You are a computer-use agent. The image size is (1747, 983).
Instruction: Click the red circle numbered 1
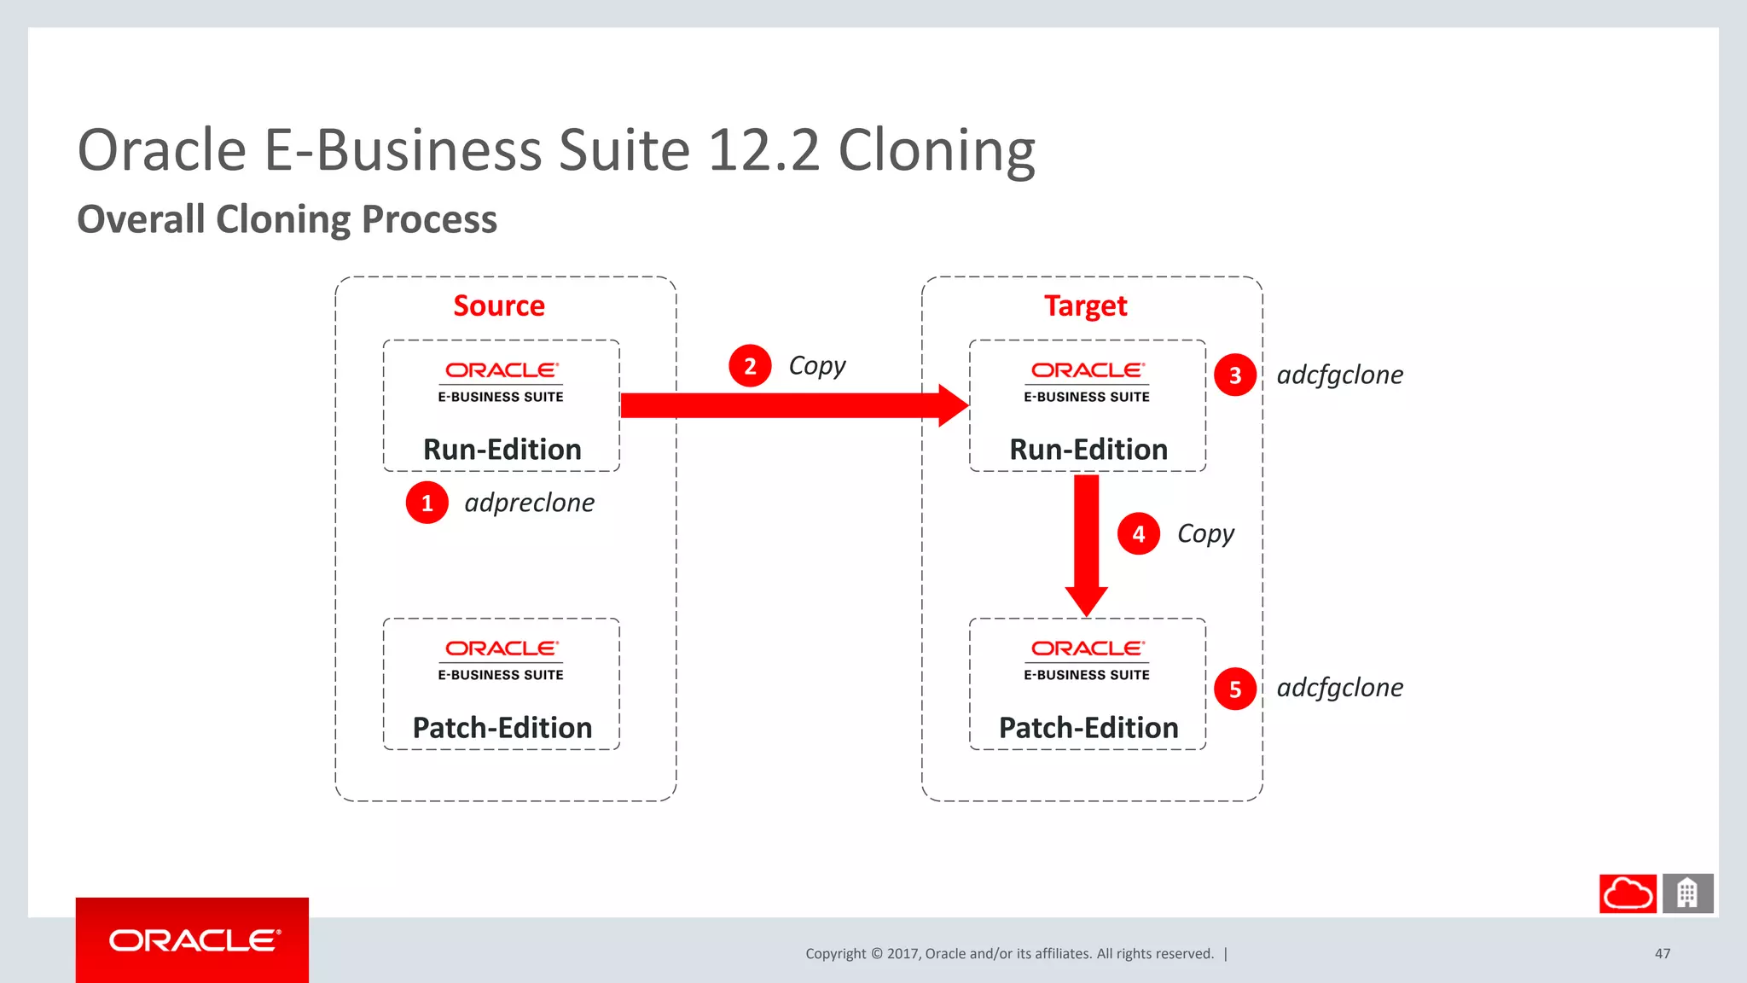427,503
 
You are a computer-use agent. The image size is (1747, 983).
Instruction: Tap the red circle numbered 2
750,366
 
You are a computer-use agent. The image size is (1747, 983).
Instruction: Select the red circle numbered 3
1234,375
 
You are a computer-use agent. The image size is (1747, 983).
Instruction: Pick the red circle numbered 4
1138,534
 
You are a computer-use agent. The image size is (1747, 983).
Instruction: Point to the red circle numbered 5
1234,689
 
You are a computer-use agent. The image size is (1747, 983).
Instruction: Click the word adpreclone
529,503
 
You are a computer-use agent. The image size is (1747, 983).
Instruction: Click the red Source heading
499,305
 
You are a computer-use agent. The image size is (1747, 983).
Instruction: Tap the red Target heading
1085,305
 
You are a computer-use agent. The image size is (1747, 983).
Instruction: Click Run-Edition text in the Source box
502,450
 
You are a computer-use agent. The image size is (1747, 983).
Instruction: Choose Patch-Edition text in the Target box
1088,728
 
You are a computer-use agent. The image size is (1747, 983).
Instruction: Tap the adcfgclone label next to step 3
1339,375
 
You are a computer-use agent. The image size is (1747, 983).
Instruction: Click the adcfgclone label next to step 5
1339,688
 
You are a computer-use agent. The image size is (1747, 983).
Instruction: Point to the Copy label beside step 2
816,366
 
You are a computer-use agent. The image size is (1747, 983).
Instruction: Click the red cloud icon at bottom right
1628,893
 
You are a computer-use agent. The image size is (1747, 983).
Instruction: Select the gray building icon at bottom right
1687,893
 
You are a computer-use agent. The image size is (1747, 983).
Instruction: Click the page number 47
1662,953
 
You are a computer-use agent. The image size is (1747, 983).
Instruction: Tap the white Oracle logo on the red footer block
194,940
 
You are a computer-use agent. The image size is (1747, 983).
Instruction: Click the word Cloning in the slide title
936,151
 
